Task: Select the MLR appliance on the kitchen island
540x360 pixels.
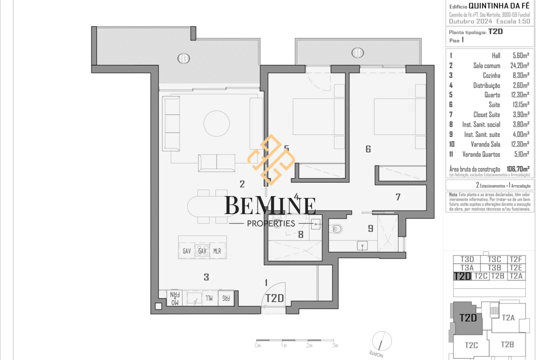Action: click(217, 251)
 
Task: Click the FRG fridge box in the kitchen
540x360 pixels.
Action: click(226, 298)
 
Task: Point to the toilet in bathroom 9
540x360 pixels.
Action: click(337, 229)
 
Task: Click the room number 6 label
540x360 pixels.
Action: click(368, 148)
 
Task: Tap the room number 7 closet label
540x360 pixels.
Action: click(398, 197)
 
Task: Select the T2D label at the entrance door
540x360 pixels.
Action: click(274, 298)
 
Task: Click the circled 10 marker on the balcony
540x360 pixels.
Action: click(184, 58)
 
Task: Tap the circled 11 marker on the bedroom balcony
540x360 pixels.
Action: click(357, 52)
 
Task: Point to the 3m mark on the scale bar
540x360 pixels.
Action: click(335, 345)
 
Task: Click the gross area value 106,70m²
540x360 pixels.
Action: click(518, 169)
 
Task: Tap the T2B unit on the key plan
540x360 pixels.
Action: click(507, 344)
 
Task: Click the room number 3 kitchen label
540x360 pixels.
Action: click(206, 277)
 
